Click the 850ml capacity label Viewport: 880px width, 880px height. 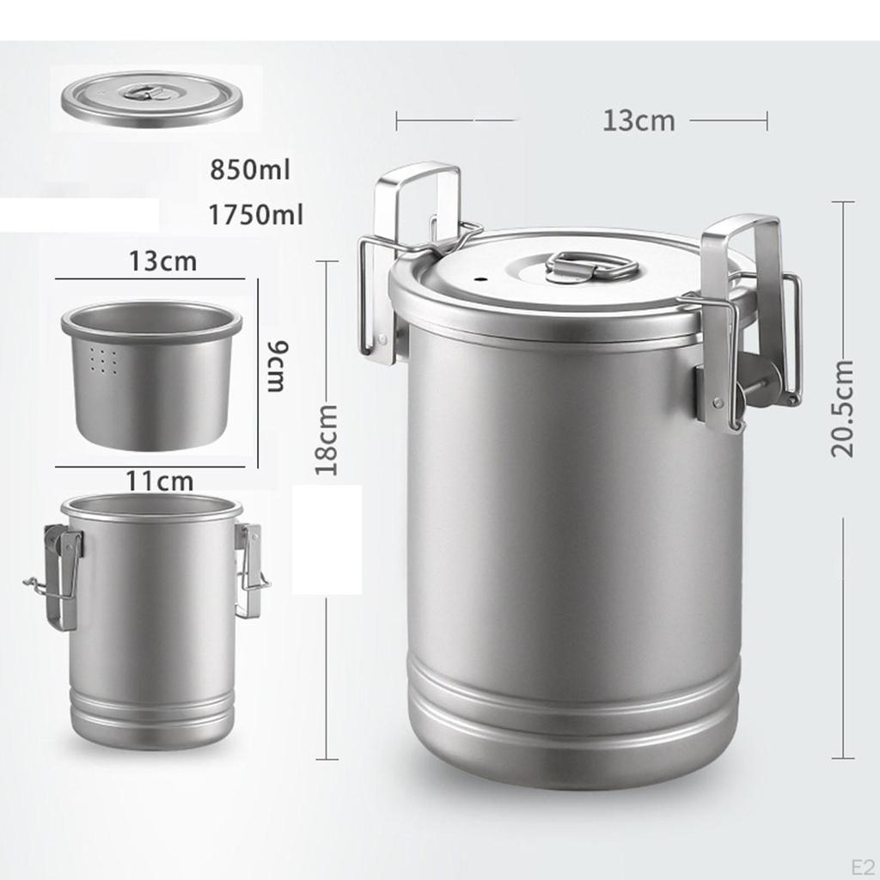250,169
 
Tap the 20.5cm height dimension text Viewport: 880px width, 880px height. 843,407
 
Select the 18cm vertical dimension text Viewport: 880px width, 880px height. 327,439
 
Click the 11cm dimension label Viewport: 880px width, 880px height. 159,480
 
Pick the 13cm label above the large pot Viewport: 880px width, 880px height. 639,120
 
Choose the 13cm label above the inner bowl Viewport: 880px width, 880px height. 162,260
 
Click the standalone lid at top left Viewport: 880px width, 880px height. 151,99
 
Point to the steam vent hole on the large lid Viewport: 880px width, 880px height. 481,280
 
